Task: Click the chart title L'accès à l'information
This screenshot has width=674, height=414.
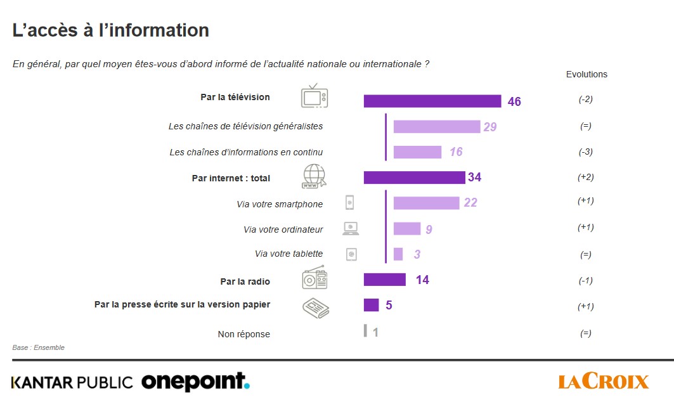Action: (x=111, y=30)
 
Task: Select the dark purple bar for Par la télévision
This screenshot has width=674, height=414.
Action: (x=432, y=101)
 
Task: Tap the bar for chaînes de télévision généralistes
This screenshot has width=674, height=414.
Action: (x=436, y=127)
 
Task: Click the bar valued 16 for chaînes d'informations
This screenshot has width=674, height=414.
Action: (x=417, y=152)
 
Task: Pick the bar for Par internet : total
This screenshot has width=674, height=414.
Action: (x=414, y=178)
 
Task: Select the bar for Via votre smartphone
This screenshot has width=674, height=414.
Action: (x=426, y=203)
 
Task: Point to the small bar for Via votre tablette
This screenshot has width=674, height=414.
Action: (x=398, y=254)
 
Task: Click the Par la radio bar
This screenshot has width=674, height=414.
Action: (x=384, y=280)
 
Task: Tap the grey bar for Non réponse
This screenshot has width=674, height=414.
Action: (x=365, y=331)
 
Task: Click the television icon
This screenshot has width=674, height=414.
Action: (x=314, y=96)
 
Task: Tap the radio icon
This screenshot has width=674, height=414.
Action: (x=314, y=278)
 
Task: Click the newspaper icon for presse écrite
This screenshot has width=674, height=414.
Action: (x=315, y=308)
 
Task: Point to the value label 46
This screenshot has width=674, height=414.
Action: (x=514, y=101)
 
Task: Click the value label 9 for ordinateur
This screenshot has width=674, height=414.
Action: (x=429, y=230)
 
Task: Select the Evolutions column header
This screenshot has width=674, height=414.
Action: (x=587, y=74)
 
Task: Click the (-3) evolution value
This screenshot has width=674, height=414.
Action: (x=585, y=152)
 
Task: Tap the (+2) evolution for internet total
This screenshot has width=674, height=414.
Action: (x=585, y=178)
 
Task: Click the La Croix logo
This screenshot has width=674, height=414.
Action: (x=604, y=381)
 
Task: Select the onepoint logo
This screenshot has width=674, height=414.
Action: (x=195, y=381)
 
